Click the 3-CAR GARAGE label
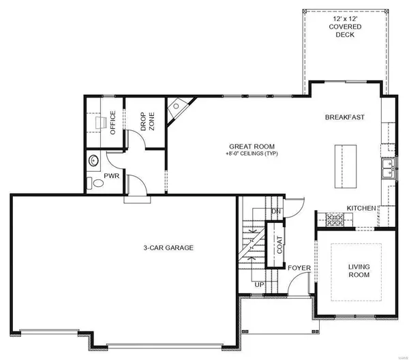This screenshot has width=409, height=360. (x=168, y=247)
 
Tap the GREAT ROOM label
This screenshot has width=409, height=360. (x=252, y=147)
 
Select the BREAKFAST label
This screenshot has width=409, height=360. (x=344, y=117)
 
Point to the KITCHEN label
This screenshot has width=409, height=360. (x=361, y=208)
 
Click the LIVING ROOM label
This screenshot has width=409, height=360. (x=359, y=271)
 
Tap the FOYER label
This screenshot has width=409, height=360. (x=299, y=268)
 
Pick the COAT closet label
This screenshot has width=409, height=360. (x=279, y=245)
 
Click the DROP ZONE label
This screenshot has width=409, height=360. (x=147, y=121)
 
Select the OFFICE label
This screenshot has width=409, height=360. (x=112, y=123)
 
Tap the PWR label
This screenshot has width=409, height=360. (x=112, y=176)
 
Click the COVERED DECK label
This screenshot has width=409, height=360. (x=345, y=27)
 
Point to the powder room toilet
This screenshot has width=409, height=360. (x=95, y=183)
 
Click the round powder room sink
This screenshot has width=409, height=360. (x=93, y=161)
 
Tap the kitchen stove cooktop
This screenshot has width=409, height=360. (x=335, y=220)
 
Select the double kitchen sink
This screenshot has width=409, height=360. (x=388, y=168)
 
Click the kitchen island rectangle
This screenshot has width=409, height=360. (x=346, y=166)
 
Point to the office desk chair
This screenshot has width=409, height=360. (x=101, y=123)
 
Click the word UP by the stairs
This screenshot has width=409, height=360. (x=259, y=284)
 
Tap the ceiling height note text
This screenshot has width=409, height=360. (x=252, y=153)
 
